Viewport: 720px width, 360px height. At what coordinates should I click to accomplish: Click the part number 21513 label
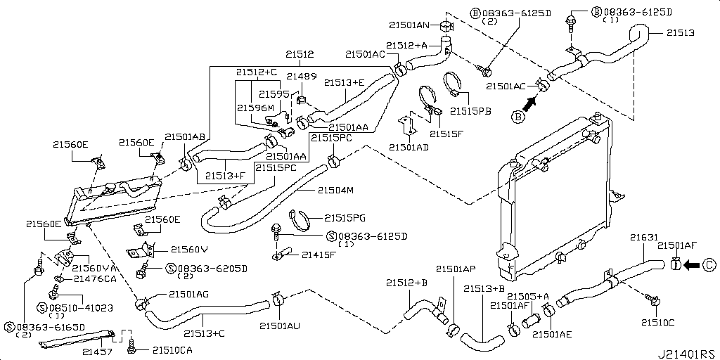click(680, 33)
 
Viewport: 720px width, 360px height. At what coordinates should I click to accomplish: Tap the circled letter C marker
click(709, 265)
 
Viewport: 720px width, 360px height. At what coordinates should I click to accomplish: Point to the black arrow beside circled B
click(530, 104)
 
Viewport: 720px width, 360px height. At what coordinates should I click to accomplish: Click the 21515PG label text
click(345, 218)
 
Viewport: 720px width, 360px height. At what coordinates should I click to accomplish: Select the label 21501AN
click(409, 26)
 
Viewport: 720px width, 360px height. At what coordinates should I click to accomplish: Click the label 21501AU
click(280, 326)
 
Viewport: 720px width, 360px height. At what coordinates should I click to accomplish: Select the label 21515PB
click(470, 110)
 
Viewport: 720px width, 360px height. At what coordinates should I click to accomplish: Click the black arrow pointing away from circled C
click(693, 265)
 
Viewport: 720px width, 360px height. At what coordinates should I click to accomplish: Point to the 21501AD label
click(409, 148)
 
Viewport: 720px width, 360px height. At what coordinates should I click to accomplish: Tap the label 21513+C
click(204, 333)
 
